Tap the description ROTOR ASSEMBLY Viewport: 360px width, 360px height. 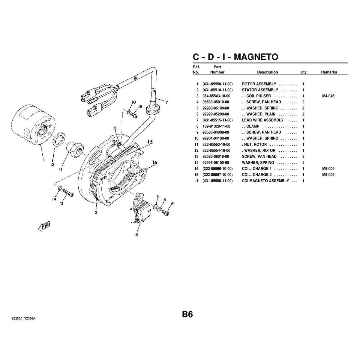click(x=259, y=84)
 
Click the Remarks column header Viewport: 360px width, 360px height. click(x=329, y=72)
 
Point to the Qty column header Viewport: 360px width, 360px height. click(x=303, y=72)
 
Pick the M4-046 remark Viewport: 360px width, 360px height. click(x=328, y=96)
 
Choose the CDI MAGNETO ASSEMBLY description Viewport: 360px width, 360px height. click(x=265, y=181)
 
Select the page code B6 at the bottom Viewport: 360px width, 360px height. click(x=187, y=315)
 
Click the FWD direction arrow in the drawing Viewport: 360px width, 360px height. click(x=44, y=226)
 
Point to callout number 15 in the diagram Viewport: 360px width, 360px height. click(x=150, y=142)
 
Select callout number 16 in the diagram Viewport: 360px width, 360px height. click(x=154, y=163)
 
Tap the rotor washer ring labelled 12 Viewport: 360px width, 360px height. click(x=60, y=139)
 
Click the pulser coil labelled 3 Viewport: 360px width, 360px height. click(x=141, y=211)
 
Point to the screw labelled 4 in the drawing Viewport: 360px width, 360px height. click(x=165, y=212)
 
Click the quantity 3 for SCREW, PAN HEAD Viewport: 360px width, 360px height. click(x=303, y=156)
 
